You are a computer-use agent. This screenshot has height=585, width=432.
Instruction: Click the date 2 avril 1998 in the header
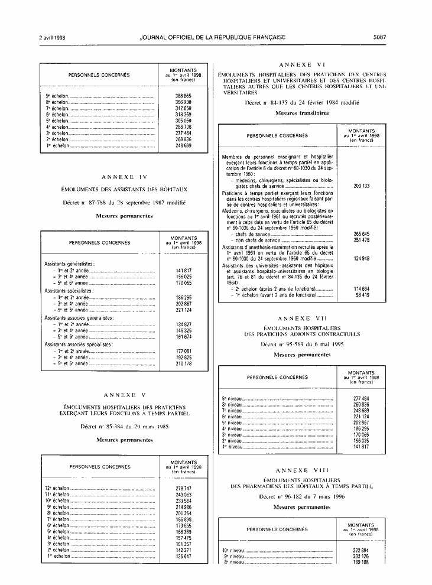coord(53,37)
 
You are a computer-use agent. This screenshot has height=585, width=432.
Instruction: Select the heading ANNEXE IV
coord(124,177)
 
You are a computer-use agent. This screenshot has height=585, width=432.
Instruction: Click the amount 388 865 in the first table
coord(183,96)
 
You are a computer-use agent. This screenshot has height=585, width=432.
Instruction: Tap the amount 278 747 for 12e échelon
coord(183,489)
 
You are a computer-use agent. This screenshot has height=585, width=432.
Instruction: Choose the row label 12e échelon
coord(57,489)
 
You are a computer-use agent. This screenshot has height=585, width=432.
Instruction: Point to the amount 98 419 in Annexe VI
coord(362,294)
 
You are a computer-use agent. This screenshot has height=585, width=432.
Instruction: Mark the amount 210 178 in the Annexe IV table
coord(183,363)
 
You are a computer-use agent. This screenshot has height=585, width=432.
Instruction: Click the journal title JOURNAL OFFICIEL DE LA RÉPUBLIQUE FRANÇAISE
coord(213,37)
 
